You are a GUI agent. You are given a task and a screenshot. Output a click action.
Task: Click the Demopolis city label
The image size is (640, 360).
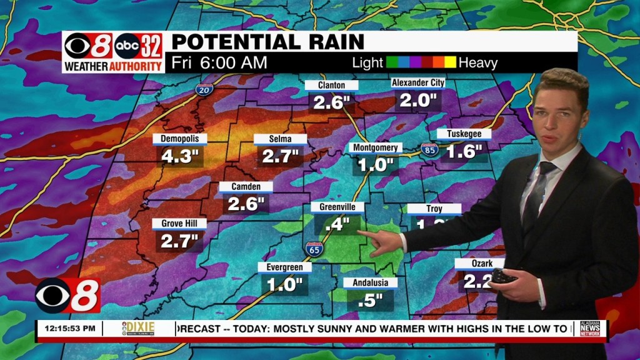click(x=179, y=138)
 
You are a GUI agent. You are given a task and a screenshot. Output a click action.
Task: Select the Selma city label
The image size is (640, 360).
click(x=281, y=139)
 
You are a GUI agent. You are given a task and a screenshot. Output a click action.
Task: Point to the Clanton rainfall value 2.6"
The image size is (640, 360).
click(x=331, y=102)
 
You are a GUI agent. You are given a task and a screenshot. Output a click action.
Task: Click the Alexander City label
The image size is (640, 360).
click(x=417, y=83)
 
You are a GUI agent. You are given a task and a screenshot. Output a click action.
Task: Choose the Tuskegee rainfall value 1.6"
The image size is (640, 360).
click(x=464, y=151)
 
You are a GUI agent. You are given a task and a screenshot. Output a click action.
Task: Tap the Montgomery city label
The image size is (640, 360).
click(x=375, y=147)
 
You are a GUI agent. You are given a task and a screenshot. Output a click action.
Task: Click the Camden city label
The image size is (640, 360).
click(x=246, y=186)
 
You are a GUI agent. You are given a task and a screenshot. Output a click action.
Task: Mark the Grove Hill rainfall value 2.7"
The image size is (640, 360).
click(x=179, y=241)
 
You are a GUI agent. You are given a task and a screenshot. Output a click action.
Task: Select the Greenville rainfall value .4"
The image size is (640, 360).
click(x=337, y=224)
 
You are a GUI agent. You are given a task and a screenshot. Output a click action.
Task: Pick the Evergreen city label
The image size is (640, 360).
click(x=284, y=267)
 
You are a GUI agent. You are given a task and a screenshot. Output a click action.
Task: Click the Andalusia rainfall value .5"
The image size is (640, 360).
click(x=370, y=300)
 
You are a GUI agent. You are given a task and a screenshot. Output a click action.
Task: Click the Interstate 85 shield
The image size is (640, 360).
click(x=428, y=149)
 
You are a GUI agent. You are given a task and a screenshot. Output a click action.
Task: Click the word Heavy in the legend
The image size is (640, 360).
click(x=478, y=62)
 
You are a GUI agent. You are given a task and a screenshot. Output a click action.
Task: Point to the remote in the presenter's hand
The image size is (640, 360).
click(x=504, y=276)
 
